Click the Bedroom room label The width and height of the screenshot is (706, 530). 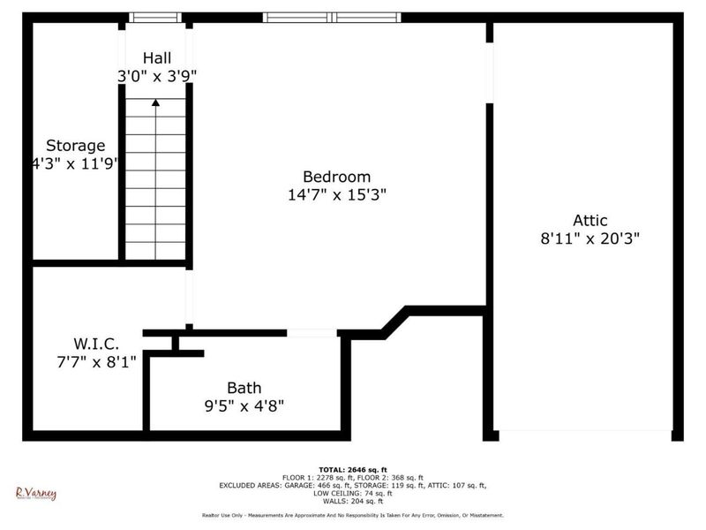click(336, 177)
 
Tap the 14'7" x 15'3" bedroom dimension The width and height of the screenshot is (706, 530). click(336, 194)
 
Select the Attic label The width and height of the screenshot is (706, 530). click(590, 221)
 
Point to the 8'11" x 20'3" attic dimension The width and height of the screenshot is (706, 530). click(590, 238)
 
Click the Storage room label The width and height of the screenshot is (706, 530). click(75, 146)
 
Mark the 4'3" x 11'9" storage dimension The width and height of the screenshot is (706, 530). click(75, 163)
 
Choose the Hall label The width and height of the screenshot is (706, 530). click(157, 58)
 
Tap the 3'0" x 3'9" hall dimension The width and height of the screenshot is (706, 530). click(157, 76)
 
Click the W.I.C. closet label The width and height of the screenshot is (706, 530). click(95, 343)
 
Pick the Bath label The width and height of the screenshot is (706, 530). click(244, 388)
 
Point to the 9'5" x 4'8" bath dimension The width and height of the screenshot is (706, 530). click(244, 405)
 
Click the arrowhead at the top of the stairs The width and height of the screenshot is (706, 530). click(156, 102)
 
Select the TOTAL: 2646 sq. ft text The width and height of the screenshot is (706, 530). click(353, 469)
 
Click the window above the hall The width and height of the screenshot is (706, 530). click(155, 18)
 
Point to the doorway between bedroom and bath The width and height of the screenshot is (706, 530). click(312, 333)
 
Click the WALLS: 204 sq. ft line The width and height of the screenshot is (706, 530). click(353, 501)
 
